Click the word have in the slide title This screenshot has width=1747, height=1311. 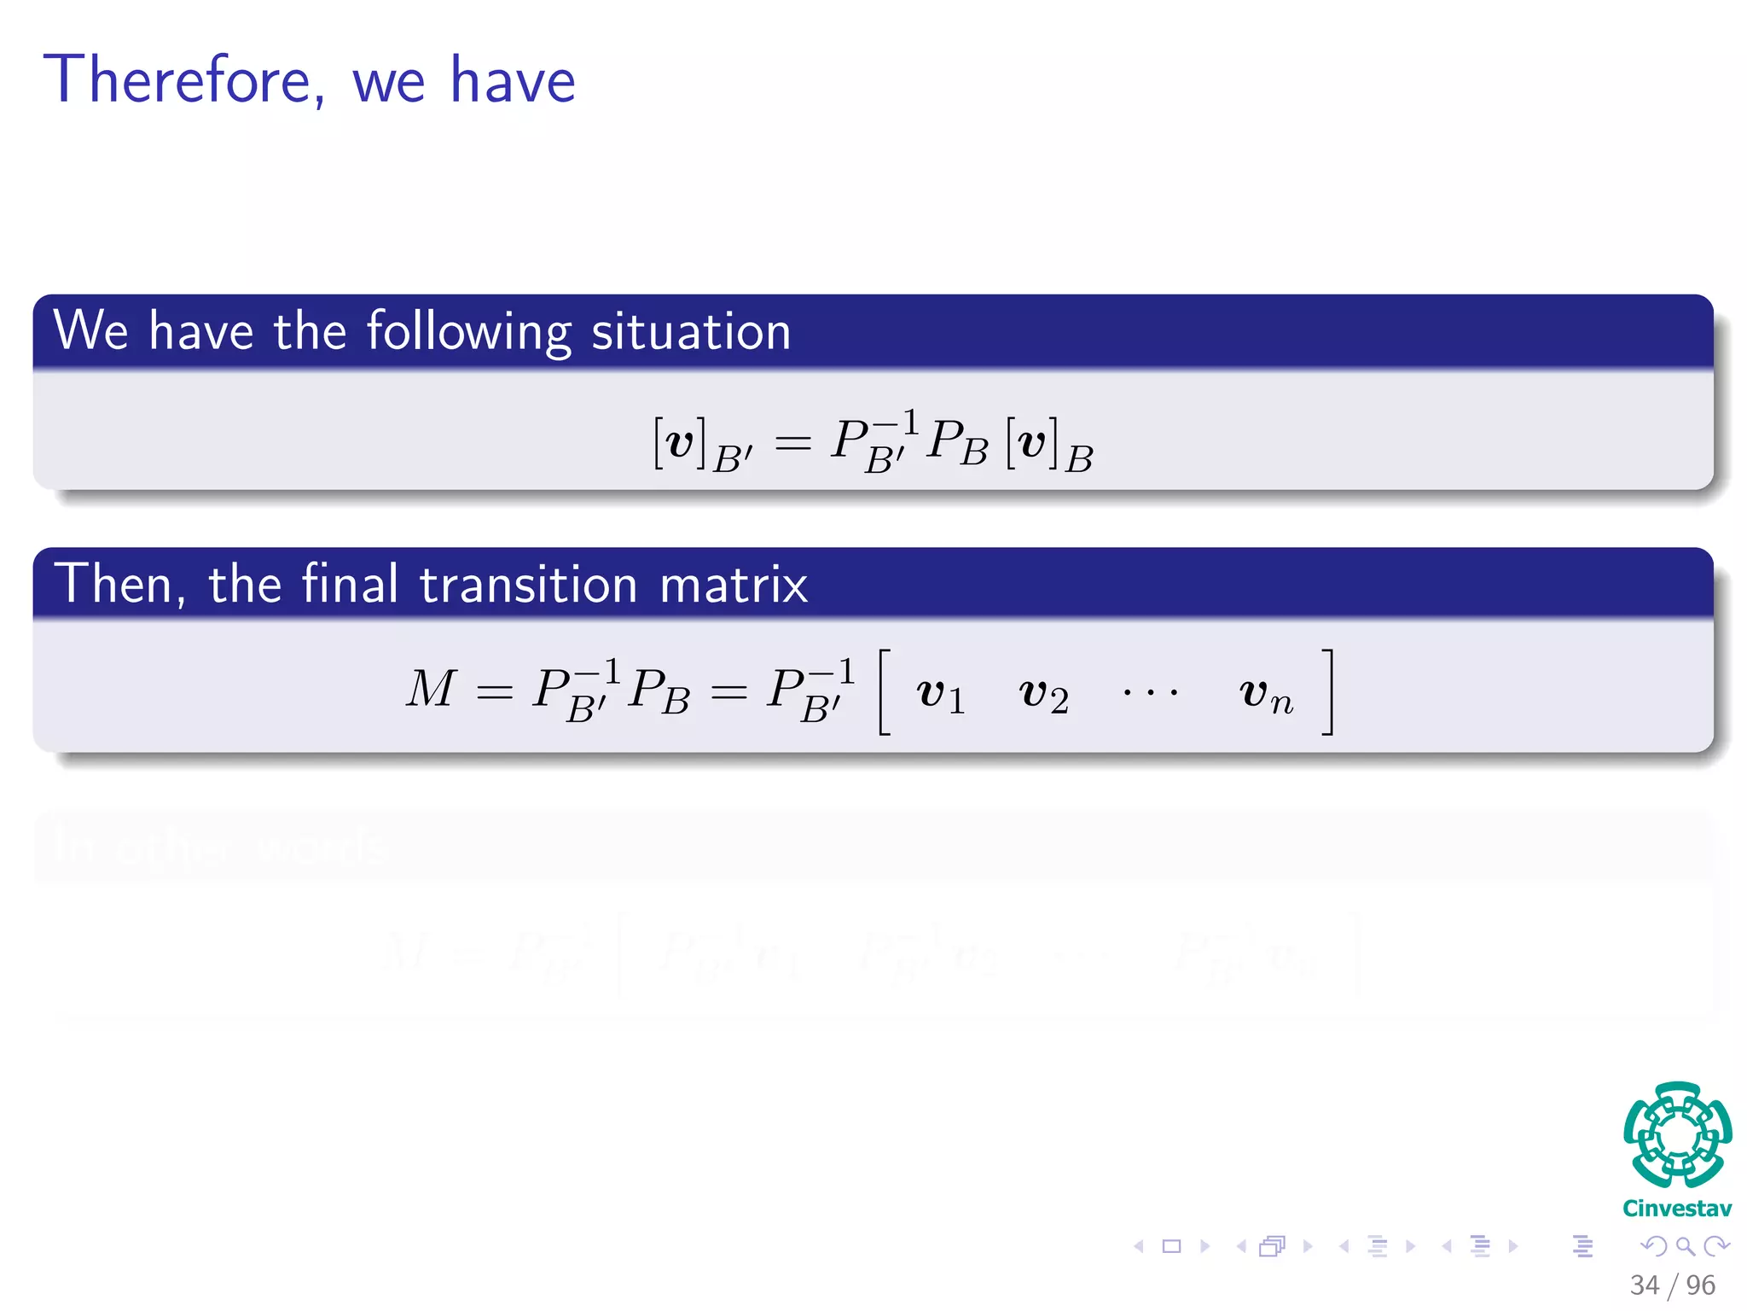tap(513, 80)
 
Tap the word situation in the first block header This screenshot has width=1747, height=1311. tap(691, 331)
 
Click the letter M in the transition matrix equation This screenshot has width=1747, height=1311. tap(431, 689)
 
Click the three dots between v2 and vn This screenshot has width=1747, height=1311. tap(1151, 692)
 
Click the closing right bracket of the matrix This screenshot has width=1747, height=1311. tap(1327, 692)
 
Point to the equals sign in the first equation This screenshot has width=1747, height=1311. tap(792, 443)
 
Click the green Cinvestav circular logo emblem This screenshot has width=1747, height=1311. tap(1677, 1134)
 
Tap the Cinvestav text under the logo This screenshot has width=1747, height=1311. tap(1677, 1209)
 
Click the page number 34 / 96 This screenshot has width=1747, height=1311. tap(1672, 1285)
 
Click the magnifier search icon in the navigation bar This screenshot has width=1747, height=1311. tap(1685, 1246)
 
